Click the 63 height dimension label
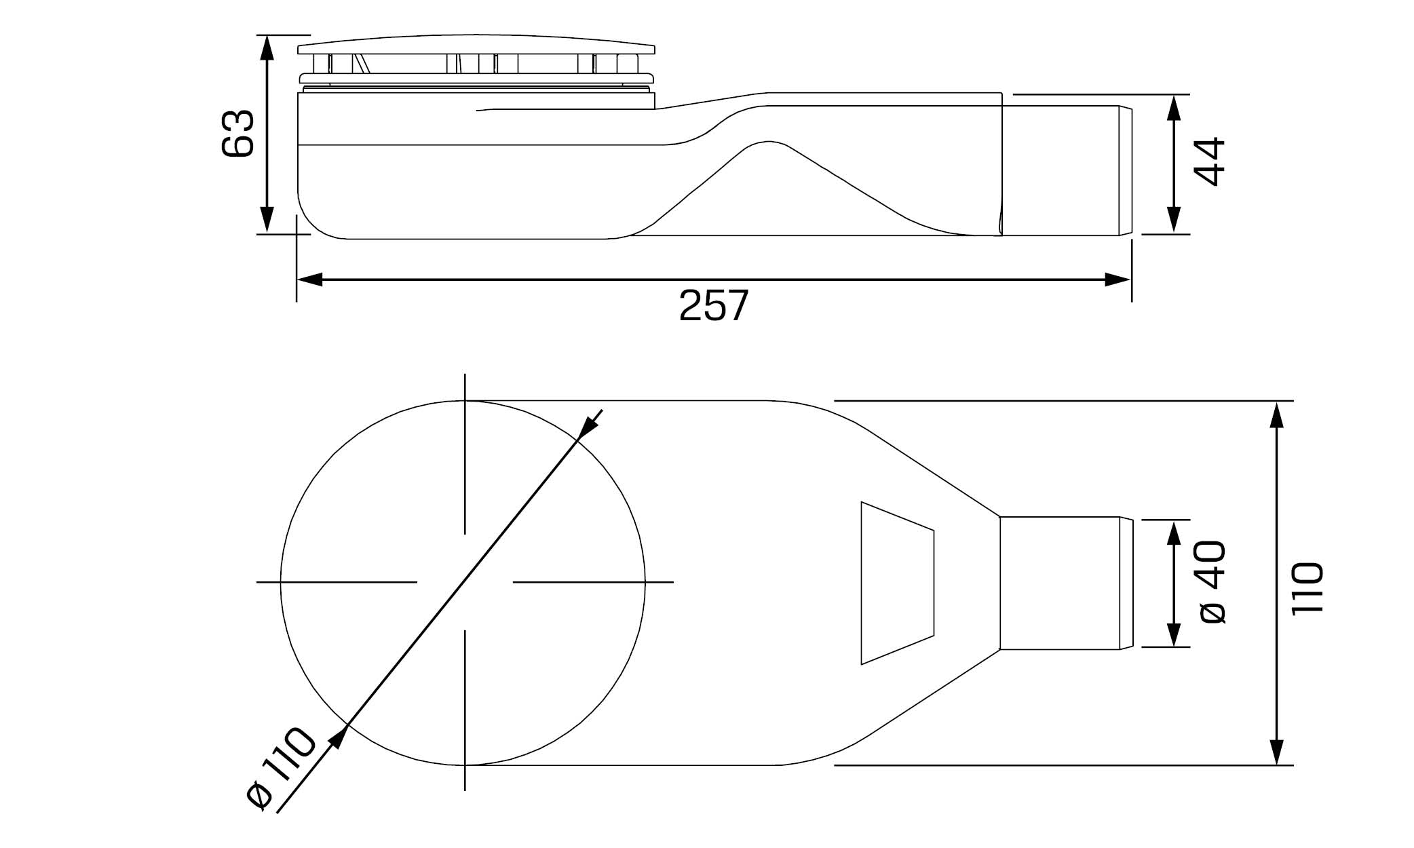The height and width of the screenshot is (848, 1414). (x=238, y=134)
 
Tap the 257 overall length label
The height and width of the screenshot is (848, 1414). (x=714, y=306)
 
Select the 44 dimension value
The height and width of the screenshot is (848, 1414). (x=1210, y=161)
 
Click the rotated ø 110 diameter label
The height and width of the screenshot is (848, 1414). (x=280, y=767)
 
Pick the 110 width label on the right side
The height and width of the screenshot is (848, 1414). (x=1307, y=587)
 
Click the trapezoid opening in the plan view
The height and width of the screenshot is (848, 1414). (x=897, y=583)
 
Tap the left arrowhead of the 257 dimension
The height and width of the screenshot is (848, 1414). (x=310, y=280)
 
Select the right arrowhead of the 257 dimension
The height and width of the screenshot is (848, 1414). (x=1117, y=280)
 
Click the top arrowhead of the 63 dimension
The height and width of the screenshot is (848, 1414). (x=267, y=47)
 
